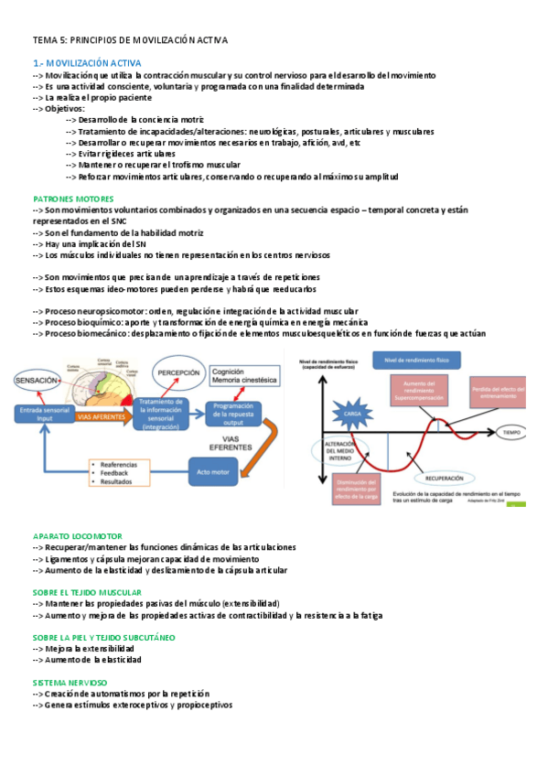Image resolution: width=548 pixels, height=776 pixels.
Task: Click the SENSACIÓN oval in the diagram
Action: tap(37, 378)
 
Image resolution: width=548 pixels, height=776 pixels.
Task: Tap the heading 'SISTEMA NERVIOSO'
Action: tap(70, 683)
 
